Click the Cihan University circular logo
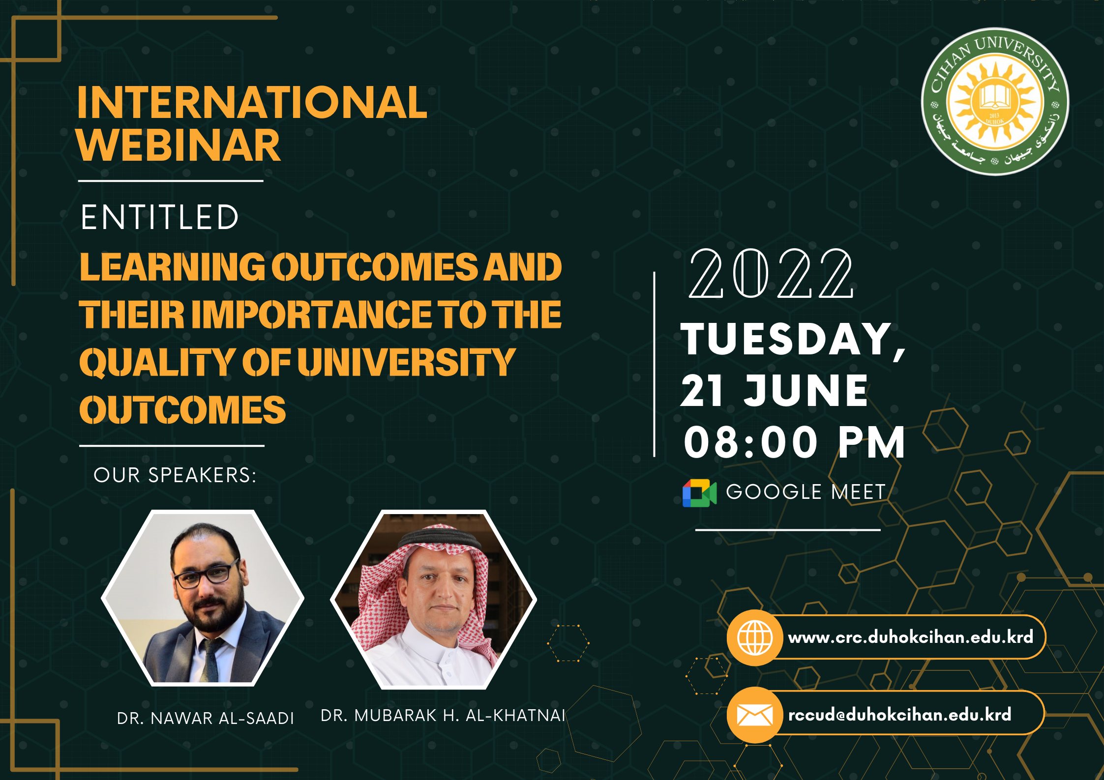pyautogui.click(x=994, y=101)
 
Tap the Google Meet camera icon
pyautogui.click(x=699, y=492)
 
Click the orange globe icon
pyautogui.click(x=754, y=637)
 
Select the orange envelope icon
pyautogui.click(x=754, y=715)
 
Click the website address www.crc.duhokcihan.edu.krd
pyautogui.click(x=910, y=637)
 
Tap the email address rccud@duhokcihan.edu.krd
pyautogui.click(x=899, y=715)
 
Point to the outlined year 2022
pyautogui.click(x=771, y=273)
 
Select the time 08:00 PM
pyautogui.click(x=794, y=443)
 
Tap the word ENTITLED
pyautogui.click(x=160, y=217)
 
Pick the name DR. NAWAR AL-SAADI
pyautogui.click(x=205, y=718)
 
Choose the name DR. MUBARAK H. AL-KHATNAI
pyautogui.click(x=443, y=716)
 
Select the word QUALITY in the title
pyautogui.click(x=156, y=363)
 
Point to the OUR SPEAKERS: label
pyautogui.click(x=175, y=475)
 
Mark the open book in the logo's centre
pyautogui.click(x=994, y=96)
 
